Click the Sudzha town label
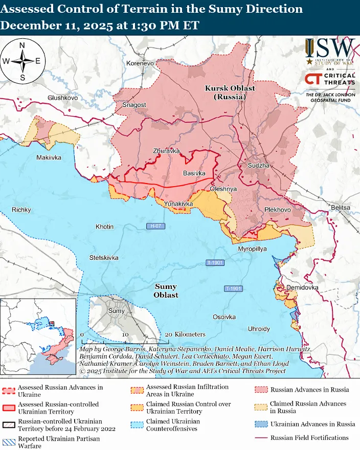point(257,167)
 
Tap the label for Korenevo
point(140,63)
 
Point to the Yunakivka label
point(178,204)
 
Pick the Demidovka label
point(302,288)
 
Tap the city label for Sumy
point(117,311)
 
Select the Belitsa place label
point(341,208)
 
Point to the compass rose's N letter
point(22,46)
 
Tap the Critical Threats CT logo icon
point(313,79)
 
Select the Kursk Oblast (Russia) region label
point(230,92)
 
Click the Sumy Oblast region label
point(166,291)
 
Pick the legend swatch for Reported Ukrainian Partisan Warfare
point(9,442)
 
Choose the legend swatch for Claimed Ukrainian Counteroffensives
point(138,425)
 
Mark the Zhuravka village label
point(167,151)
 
